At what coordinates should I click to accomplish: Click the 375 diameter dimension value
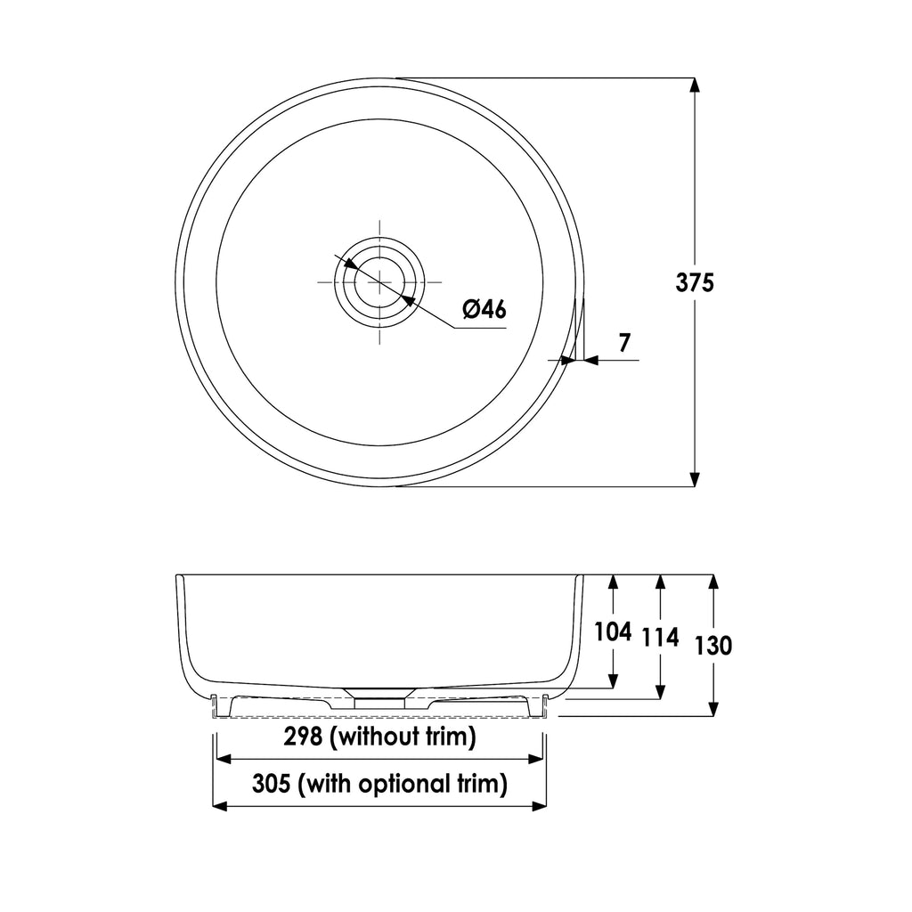click(695, 282)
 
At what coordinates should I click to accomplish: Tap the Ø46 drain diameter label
click(484, 309)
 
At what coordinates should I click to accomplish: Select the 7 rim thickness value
click(624, 342)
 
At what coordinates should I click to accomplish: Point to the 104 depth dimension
click(613, 632)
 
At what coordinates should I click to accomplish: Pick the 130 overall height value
click(713, 645)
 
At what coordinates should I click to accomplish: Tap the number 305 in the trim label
click(273, 784)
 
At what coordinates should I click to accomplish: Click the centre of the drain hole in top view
click(379, 282)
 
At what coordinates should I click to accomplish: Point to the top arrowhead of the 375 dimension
click(695, 86)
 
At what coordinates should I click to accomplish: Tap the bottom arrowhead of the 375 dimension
click(695, 479)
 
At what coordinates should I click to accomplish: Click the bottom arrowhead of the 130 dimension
click(712, 708)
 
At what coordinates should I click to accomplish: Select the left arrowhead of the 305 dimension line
click(222, 806)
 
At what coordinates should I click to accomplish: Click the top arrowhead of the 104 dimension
click(613, 582)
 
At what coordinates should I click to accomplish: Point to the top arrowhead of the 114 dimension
click(659, 582)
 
